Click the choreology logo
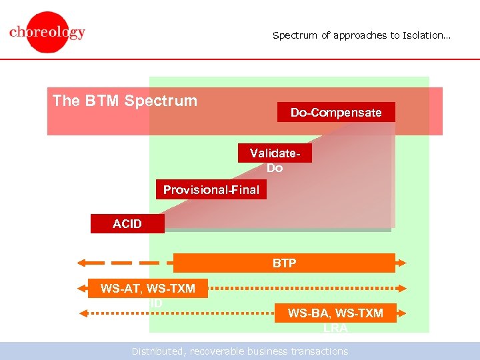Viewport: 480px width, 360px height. tap(47, 32)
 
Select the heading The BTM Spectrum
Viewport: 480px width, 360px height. tap(125, 101)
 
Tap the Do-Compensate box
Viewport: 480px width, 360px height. tap(336, 112)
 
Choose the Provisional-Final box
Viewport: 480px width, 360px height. tap(211, 190)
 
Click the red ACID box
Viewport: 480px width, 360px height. tap(127, 224)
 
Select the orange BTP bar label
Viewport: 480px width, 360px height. tap(284, 263)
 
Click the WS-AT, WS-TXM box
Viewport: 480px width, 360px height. tap(147, 289)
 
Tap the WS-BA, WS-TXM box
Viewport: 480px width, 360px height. tap(335, 313)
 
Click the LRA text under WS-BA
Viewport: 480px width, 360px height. tap(335, 328)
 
